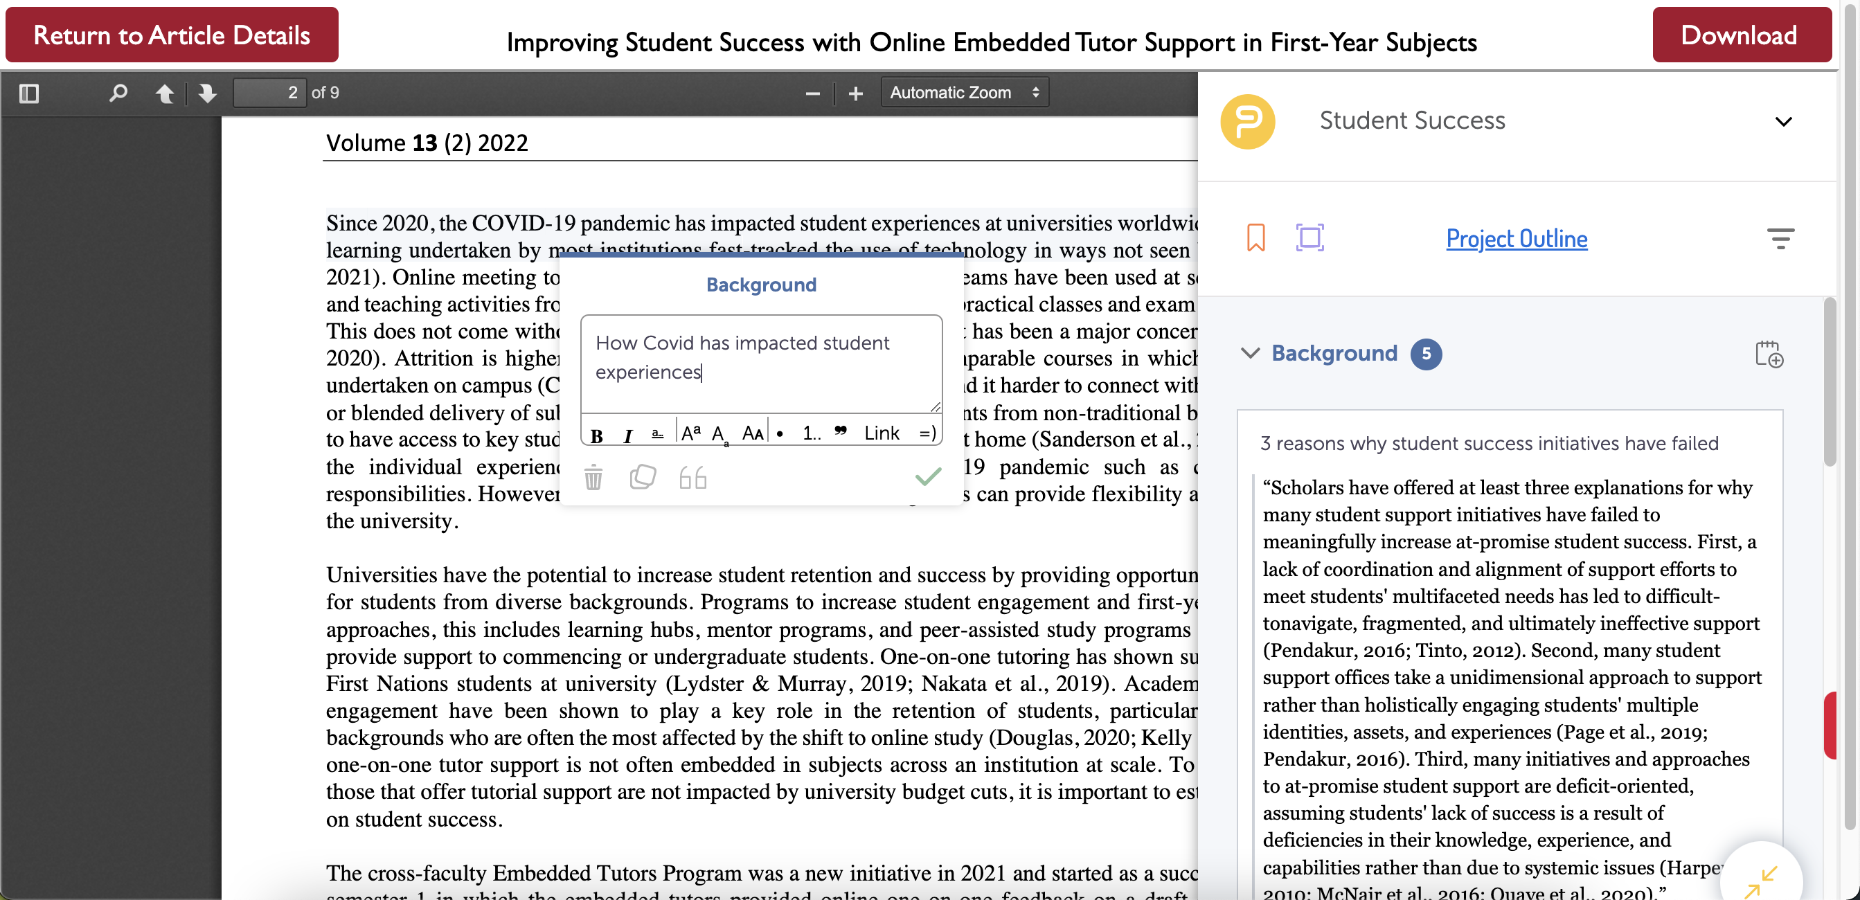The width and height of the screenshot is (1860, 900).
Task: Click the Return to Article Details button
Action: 172,35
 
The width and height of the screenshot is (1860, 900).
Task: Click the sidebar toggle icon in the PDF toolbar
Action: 29,93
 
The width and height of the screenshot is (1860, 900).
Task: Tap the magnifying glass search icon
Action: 118,93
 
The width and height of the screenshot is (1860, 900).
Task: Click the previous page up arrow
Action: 165,93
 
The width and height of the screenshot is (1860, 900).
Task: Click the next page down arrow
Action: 207,93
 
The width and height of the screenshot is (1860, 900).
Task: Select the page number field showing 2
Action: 270,93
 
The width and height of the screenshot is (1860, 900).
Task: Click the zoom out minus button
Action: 812,93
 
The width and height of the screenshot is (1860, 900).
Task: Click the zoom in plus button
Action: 856,93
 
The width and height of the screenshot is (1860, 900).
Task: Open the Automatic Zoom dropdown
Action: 964,93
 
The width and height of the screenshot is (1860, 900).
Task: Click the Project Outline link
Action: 1517,238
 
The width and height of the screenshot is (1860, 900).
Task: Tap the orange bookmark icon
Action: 1255,237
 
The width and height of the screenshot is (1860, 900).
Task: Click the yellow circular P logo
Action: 1248,121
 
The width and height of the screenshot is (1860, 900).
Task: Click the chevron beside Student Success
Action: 1783,121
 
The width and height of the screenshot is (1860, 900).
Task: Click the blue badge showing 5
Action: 1426,354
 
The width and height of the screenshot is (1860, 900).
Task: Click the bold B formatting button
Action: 596,435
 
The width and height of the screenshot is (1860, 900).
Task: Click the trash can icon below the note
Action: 593,478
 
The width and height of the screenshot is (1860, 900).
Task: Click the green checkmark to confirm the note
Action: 928,476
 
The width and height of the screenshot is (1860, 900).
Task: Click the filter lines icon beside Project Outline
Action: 1780,238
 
